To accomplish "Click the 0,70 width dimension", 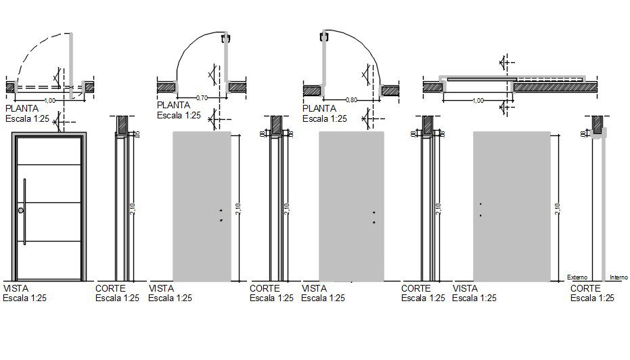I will [202, 98].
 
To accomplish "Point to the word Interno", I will [618, 277].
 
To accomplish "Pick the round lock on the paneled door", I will [21, 211].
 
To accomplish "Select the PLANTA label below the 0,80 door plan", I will [319, 108].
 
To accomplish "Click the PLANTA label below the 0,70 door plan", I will [173, 105].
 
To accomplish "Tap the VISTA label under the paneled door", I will [16, 287].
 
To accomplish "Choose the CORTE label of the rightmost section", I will [586, 288].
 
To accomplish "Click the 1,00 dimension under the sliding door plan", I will [478, 100].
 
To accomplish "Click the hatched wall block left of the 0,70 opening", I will [166, 87].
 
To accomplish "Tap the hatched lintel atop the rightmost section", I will [598, 125].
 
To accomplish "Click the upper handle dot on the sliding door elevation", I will [480, 204].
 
